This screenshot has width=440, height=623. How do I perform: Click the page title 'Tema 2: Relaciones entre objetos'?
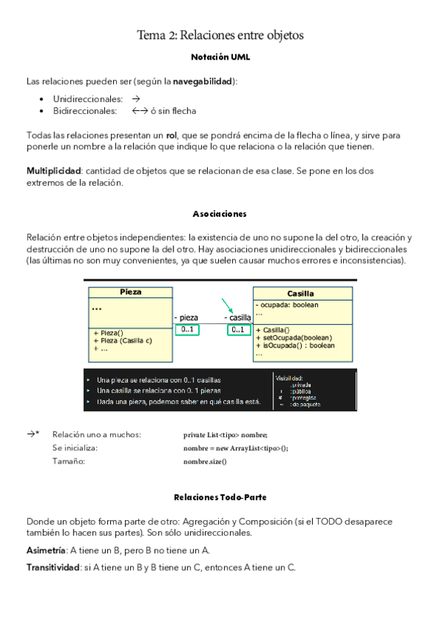(x=220, y=35)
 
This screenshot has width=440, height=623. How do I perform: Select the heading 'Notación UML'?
(x=220, y=57)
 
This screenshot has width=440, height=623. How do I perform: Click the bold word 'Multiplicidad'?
(x=54, y=171)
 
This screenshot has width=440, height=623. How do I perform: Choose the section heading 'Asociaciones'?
(x=220, y=214)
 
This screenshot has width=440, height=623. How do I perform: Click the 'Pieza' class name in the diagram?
(x=130, y=292)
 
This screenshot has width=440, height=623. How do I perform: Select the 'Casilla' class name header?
(x=300, y=293)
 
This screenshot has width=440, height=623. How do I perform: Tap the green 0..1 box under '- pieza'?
(x=187, y=330)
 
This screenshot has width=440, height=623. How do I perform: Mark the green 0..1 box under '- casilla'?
(x=238, y=330)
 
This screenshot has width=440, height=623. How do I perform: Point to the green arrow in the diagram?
(x=228, y=306)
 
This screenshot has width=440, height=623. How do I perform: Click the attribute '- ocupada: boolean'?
(x=286, y=304)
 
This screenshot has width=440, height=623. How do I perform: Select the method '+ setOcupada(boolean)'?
(x=294, y=338)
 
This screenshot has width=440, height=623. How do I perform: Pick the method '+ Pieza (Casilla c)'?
(x=123, y=340)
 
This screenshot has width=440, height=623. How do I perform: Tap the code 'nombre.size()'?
(x=205, y=461)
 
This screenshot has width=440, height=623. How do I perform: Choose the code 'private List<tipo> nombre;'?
(x=225, y=435)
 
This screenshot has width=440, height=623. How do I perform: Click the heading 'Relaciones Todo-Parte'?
(x=220, y=497)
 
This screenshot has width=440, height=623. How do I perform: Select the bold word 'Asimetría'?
(x=46, y=550)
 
